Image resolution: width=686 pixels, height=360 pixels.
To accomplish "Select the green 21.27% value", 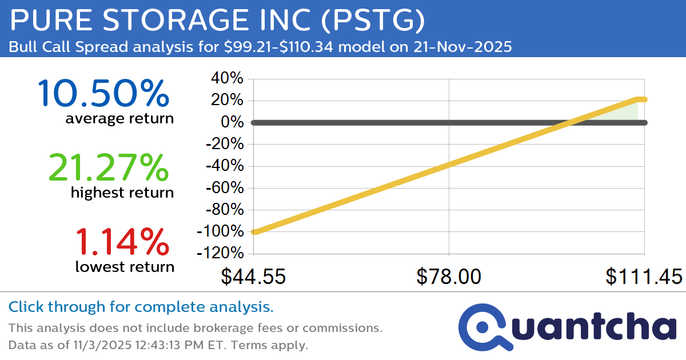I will pos(109,167).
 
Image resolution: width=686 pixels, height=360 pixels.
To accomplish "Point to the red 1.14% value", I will pos(122,241).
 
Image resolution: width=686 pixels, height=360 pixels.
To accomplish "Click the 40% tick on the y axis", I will pos(228,78).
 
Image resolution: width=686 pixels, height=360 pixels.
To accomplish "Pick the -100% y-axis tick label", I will pos(220,231).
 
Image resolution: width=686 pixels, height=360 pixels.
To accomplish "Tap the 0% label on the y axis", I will pos(233,122).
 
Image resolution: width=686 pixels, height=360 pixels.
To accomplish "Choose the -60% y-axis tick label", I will pos(224,188).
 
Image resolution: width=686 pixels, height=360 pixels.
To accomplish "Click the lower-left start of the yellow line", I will pos(255,231).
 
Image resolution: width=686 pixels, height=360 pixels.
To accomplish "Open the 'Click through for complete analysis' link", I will pos(141,307).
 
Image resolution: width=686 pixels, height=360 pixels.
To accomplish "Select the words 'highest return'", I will pos(122,193).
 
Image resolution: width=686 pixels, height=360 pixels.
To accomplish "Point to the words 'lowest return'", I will pos(125,266).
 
